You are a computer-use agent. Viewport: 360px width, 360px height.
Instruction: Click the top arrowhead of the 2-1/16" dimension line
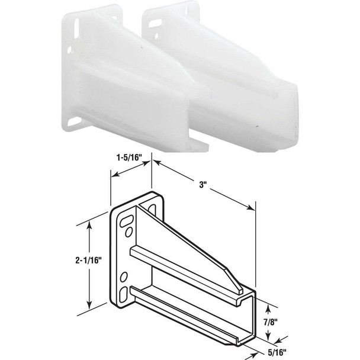click(x=89, y=224)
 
